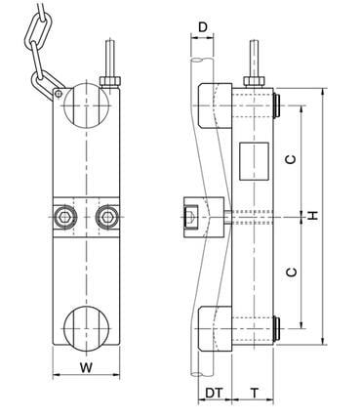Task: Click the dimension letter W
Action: point(86,368)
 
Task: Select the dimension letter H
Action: point(312,213)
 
